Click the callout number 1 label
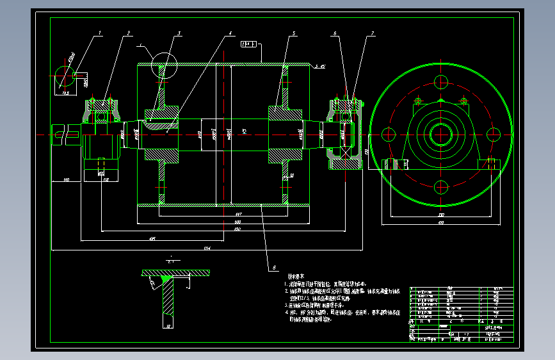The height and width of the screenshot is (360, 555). (x=100, y=31)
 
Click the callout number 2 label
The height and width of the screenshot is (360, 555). (x=129, y=32)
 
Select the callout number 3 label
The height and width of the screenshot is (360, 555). (x=179, y=32)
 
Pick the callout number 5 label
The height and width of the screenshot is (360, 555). (x=293, y=32)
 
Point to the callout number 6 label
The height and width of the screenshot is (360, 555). (x=334, y=32)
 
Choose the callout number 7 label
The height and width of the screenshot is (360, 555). (x=373, y=32)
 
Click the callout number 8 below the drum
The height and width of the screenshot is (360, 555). (x=274, y=266)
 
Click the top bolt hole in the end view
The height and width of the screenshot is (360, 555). (x=440, y=82)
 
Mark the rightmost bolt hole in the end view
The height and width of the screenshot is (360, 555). (x=493, y=135)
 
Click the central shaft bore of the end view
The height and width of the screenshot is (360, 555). (x=440, y=135)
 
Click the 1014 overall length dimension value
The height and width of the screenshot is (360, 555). (x=207, y=247)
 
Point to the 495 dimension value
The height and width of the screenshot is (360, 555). (x=152, y=238)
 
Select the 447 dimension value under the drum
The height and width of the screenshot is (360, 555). (x=238, y=213)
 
